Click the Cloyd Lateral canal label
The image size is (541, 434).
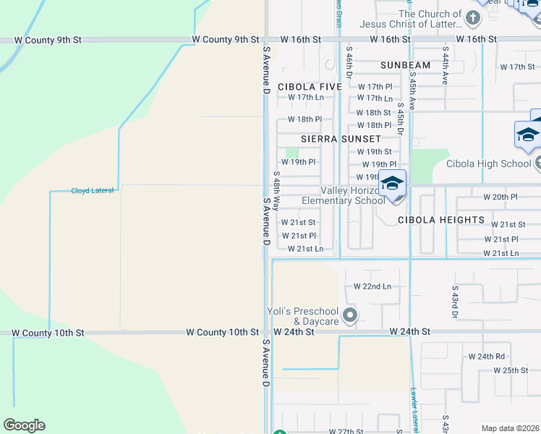click(92, 191)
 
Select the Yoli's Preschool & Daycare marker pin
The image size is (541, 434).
click(350, 315)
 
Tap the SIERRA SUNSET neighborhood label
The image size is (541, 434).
click(341, 139)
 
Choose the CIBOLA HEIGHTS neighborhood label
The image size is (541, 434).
click(441, 219)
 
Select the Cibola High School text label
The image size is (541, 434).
click(488, 163)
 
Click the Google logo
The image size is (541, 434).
click(24, 425)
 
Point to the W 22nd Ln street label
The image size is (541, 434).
click(372, 286)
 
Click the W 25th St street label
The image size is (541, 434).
click(511, 370)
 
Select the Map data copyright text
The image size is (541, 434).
click(509, 428)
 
